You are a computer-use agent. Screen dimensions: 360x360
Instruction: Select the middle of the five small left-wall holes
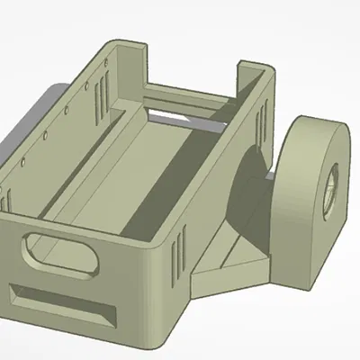pyautogui.click(x=44, y=139)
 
